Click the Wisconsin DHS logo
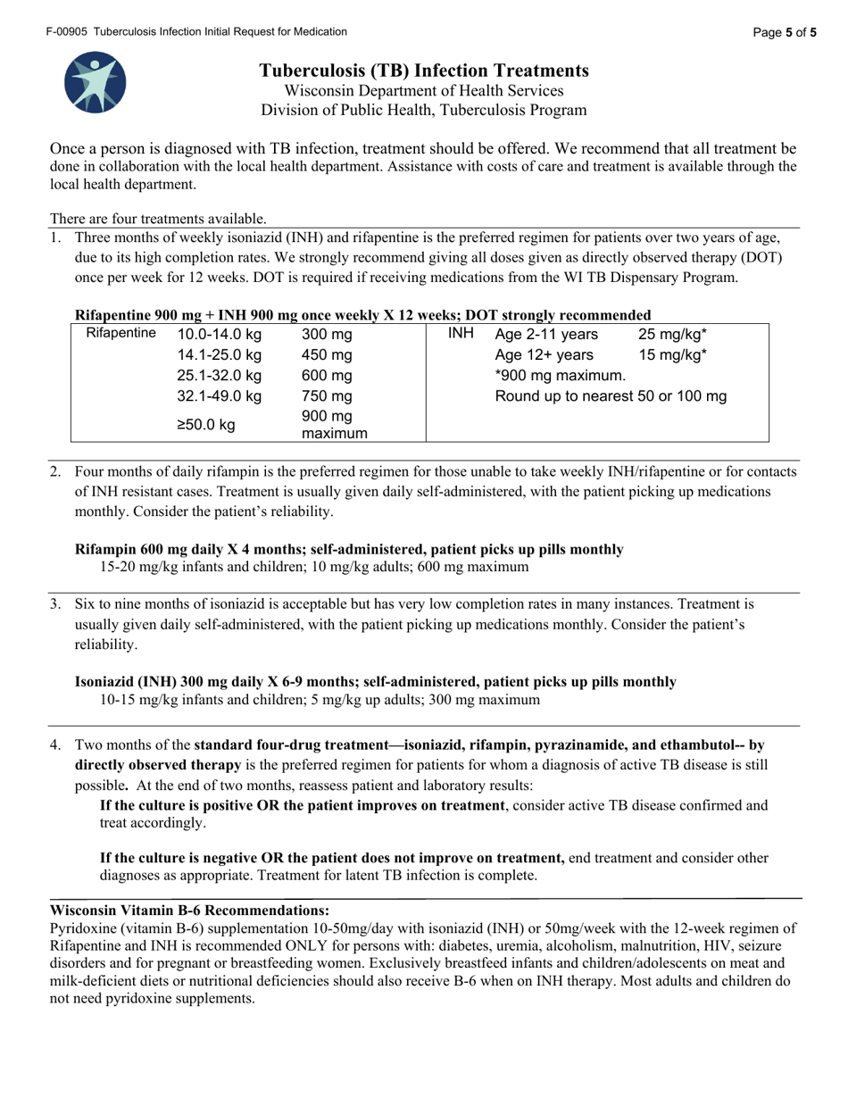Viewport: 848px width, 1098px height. click(x=96, y=82)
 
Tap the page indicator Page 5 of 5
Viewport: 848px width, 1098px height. click(x=784, y=33)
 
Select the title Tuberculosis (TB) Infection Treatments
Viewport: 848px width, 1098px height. click(x=424, y=71)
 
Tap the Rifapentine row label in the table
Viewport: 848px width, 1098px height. click(x=121, y=334)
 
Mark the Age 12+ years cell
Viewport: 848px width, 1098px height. click(x=544, y=355)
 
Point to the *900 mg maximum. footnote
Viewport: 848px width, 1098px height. click(x=561, y=376)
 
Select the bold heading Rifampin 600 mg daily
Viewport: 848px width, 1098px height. click(x=349, y=550)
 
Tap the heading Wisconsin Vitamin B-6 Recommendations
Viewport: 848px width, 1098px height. click(x=189, y=911)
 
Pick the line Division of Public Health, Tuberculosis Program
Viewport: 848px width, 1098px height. click(x=424, y=111)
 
